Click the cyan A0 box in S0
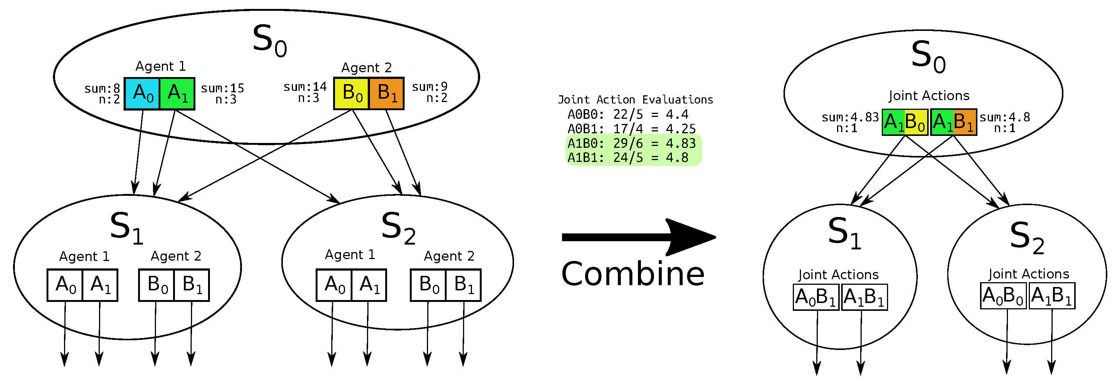point(142,93)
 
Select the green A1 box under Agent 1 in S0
point(177,93)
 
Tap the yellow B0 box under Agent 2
point(352,93)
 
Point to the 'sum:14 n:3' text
point(305,92)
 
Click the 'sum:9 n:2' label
point(429,92)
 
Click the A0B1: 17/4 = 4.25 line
point(631,129)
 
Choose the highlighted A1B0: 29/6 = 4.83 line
point(631,143)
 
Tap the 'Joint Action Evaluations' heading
point(635,100)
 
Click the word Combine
point(633,274)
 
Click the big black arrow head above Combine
point(689,237)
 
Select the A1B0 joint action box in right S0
point(905,122)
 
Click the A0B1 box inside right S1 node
point(816,297)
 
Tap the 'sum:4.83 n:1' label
point(850,122)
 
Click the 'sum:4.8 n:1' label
point(1005,122)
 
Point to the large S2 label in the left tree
point(398,228)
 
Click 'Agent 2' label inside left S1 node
point(176,256)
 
